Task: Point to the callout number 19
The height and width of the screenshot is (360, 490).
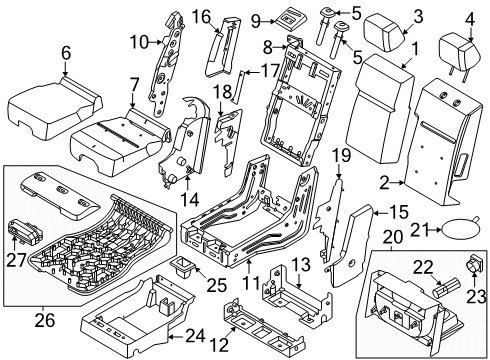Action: click(x=340, y=156)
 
